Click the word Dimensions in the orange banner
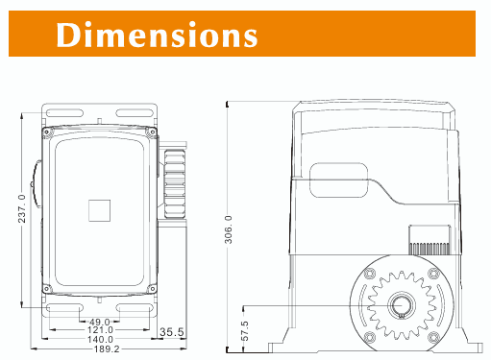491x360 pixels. (157, 35)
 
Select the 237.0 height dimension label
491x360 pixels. (22, 208)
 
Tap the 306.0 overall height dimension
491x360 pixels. (228, 229)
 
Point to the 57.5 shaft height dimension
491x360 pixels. (244, 331)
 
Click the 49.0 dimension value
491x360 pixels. (99, 322)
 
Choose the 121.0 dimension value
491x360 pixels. (100, 330)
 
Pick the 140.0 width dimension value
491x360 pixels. (100, 339)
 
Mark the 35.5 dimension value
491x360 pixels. (172, 332)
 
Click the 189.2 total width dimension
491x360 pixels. (107, 348)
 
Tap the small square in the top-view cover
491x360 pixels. (99, 210)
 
